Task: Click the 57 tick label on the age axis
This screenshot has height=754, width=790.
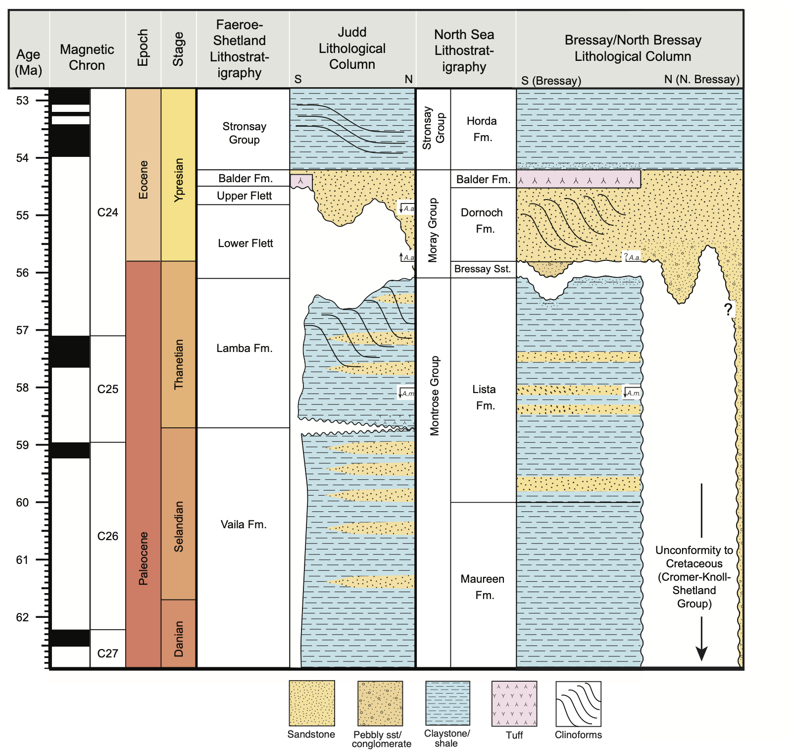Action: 22,330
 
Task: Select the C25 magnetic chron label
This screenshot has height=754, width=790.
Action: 107,389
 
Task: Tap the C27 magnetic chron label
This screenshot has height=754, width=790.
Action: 107,653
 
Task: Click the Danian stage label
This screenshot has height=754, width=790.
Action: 178,639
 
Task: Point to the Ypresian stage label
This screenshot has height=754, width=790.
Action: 178,179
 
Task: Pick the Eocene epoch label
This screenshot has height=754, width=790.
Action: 143,179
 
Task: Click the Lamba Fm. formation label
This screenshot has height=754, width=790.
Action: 244,348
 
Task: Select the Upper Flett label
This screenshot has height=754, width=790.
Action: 244,196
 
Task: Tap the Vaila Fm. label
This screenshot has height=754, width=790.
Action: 244,524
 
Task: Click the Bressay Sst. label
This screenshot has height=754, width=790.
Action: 482,269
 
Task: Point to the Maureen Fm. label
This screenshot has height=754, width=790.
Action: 483,587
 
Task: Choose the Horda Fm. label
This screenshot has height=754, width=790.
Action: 482,129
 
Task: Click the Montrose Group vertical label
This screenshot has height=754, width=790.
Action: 434,396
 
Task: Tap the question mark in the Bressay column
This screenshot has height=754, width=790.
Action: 728,309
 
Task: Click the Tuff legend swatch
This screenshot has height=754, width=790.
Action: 514,703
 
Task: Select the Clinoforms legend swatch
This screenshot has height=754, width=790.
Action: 578,703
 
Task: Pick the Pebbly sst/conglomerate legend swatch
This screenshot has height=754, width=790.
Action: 380,703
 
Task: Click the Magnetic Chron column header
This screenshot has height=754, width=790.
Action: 87,57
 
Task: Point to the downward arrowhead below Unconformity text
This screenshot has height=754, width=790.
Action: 701,653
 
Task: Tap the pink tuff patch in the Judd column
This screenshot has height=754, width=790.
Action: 301,181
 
